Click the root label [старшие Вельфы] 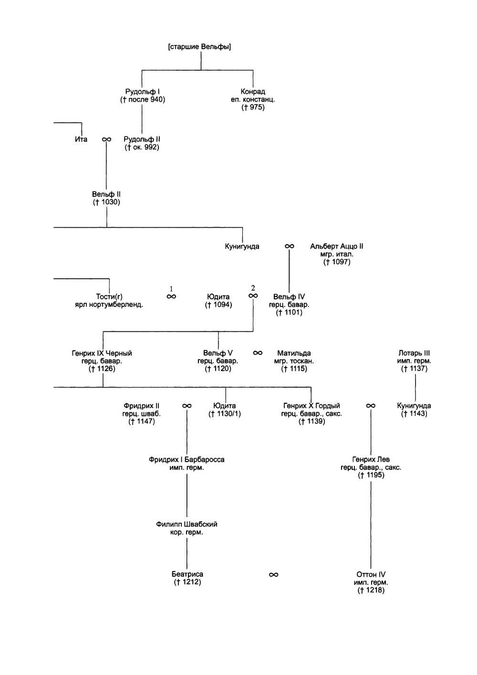tap(199, 47)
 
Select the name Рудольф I tap(142, 92)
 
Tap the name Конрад tap(253, 92)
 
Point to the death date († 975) tap(253, 107)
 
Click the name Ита tap(81, 139)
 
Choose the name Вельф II tap(106, 194)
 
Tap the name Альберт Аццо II tap(336, 246)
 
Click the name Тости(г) tap(109, 297)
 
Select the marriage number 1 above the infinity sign tap(171, 289)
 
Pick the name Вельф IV tap(289, 297)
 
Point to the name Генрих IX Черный tap(102, 353)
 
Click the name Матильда tap(294, 353)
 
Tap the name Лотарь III tap(414, 353)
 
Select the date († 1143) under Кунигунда tap(414, 414)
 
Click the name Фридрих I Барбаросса tap(187, 460)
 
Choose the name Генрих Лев tap(371, 460)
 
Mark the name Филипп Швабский tap(187, 524)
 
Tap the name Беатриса tap(187, 574)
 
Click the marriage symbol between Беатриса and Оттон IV tap(273, 575)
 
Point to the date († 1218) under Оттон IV tap(371, 591)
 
